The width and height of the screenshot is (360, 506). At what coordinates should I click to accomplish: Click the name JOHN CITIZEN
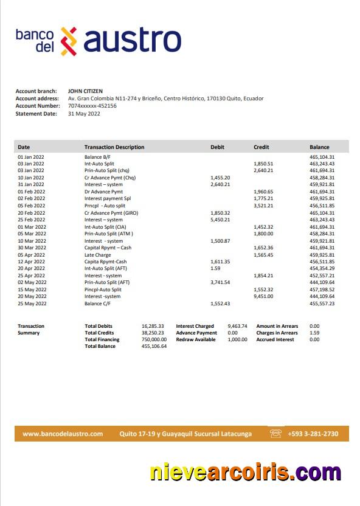coord(85,91)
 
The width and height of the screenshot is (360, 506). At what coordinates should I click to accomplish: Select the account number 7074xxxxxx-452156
coord(92,106)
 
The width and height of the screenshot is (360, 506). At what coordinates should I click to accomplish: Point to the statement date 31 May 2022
coord(83,113)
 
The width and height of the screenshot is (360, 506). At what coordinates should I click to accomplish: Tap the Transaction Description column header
coord(114,147)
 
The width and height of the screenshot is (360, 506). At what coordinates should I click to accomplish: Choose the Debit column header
coord(217,147)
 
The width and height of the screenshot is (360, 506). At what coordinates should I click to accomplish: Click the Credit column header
coord(261,147)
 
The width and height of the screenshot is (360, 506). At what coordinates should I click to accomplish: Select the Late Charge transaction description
coord(98,255)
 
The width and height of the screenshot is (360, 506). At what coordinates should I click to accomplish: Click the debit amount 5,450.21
coord(220,220)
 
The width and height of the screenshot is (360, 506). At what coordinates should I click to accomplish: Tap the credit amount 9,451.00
coord(263,296)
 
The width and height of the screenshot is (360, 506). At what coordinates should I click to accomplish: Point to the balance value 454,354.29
coord(322,268)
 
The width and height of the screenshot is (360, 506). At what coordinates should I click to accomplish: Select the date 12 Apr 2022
coord(31,262)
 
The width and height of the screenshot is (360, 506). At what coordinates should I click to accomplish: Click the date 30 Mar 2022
coord(31,248)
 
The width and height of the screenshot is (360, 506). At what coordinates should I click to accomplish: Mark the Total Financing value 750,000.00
coord(154,339)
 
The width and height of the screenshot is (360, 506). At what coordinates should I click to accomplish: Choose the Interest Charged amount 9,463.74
coord(237,326)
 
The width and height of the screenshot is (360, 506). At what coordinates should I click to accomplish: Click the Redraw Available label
coord(196,339)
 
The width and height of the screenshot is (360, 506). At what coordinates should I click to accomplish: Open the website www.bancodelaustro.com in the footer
coord(63,434)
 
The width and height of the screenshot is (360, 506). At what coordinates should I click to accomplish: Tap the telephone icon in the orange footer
coord(276,434)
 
